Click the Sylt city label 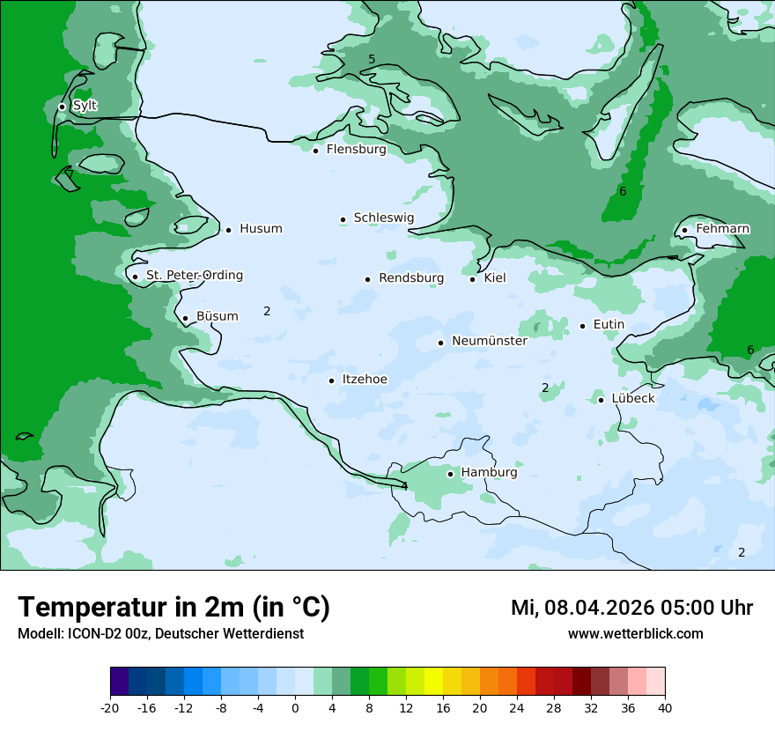pos(85,106)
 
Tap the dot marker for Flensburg pos(315,151)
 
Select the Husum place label pos(261,229)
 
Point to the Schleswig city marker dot pos(343,219)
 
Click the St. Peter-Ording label pos(194,276)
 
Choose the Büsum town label pos(217,316)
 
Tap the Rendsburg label pos(411,278)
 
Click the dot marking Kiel pos(472,279)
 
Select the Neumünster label pos(490,341)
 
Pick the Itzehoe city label pos(364,380)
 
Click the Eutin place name pos(609,325)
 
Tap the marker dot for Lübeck pos(601,400)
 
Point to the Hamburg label pos(489,473)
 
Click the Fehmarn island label pos(722,229)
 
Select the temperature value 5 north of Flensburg pos(372,59)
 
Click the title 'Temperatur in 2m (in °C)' pos(173,607)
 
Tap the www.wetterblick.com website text pos(635,633)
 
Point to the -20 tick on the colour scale pos(110,708)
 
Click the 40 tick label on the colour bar pos(665,708)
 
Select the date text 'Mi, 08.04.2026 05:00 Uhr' pos(631,608)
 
